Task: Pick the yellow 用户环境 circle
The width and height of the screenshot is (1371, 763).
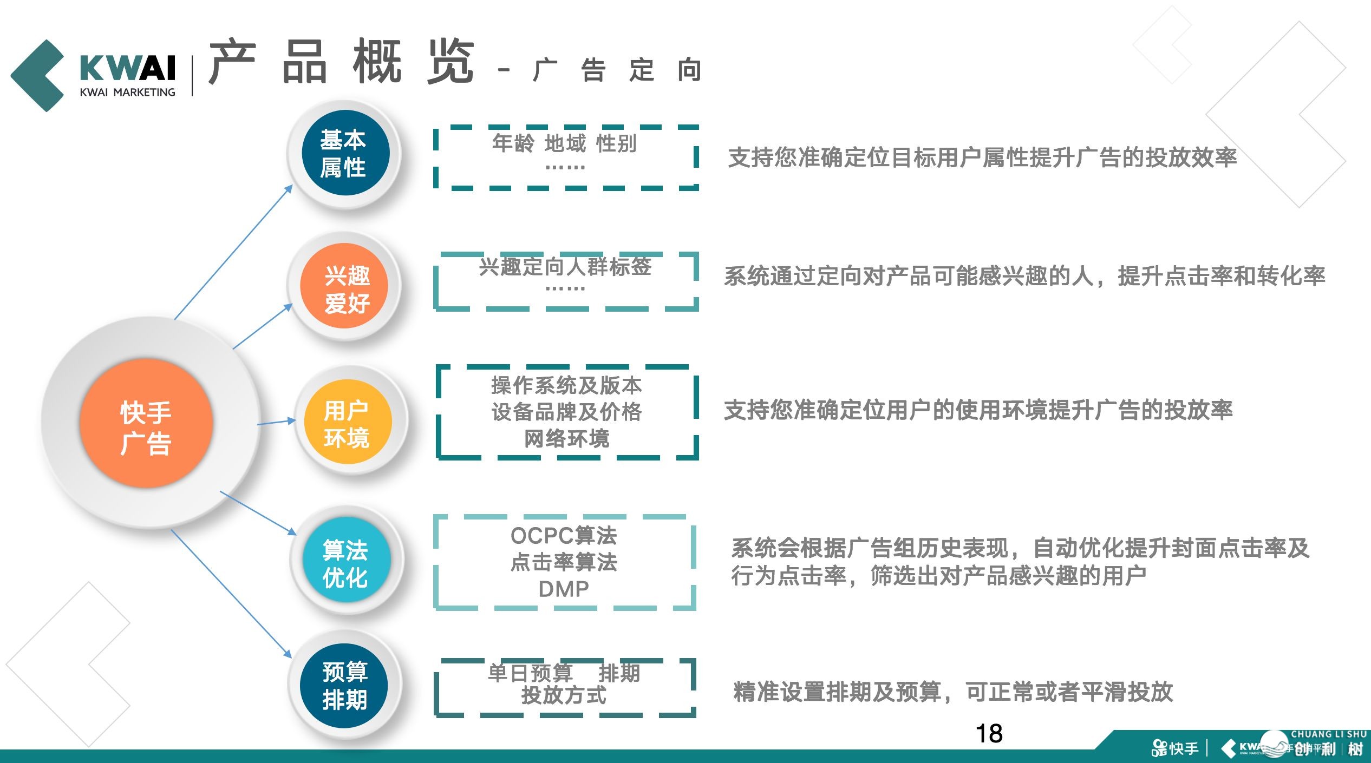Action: point(347,423)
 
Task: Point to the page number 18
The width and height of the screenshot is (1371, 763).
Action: point(989,734)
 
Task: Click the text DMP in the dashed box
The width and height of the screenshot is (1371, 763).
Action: point(564,589)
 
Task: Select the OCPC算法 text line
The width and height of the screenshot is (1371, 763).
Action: point(564,535)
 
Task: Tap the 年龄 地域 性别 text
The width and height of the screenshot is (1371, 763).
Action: point(564,143)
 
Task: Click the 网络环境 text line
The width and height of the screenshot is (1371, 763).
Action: point(566,438)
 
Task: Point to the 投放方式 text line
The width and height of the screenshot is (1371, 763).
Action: point(564,695)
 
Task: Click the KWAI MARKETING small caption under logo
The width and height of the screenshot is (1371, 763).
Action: point(128,93)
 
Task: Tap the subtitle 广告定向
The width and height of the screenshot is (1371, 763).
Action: point(617,70)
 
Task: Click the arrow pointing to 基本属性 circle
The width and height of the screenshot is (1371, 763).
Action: point(233,252)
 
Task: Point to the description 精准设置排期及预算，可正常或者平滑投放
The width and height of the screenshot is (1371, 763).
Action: point(953,692)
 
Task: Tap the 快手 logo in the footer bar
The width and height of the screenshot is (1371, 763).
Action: point(1175,748)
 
